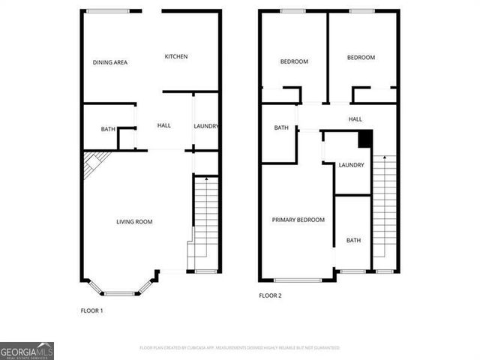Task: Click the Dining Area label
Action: (x=109, y=62)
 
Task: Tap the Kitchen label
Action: (x=176, y=57)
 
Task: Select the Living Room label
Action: (x=134, y=221)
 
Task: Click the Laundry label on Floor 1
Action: (x=205, y=126)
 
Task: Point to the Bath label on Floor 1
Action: (x=108, y=130)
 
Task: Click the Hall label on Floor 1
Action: (x=164, y=125)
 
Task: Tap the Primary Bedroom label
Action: (x=298, y=220)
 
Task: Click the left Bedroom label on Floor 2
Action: (x=294, y=61)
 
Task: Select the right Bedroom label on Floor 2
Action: (x=361, y=58)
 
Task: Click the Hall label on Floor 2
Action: (x=355, y=119)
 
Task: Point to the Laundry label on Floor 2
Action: (x=351, y=165)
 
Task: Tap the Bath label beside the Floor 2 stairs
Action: (x=353, y=240)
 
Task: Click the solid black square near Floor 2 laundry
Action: (x=365, y=139)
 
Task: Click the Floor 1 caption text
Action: (x=91, y=310)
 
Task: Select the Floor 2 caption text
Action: (x=270, y=296)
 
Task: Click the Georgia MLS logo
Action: (x=27, y=351)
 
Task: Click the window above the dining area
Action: (x=108, y=10)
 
